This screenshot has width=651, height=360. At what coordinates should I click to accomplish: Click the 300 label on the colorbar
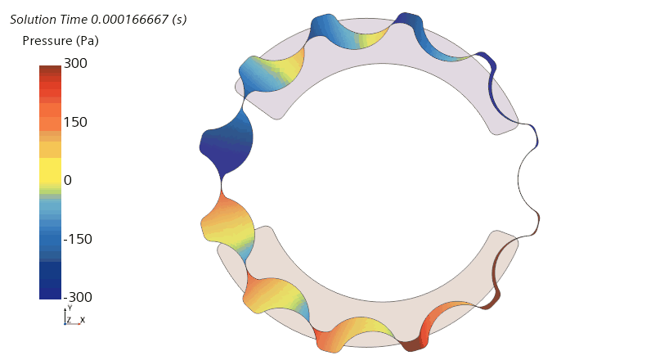pos(75,63)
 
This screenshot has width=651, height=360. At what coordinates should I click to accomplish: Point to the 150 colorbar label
pos(75,122)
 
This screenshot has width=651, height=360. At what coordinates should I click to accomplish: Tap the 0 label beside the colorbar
pos(68,180)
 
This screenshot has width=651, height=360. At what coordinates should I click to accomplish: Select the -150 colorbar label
pos(78,239)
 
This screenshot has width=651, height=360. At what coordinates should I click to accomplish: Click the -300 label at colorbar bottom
pos(78,297)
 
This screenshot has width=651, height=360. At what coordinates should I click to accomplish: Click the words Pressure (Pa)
pos(61,41)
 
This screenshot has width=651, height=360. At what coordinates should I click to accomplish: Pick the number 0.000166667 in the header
pos(129,20)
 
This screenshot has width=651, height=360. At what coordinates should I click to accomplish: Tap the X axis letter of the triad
pos(83,320)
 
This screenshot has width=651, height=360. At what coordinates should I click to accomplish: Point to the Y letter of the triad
pos(70,308)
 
